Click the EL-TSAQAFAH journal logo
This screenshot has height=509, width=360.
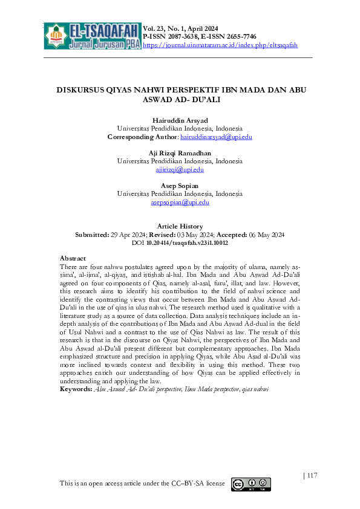(x=93, y=36)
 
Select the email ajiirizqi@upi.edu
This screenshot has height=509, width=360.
(x=180, y=170)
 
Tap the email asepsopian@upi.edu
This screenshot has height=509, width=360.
(x=180, y=203)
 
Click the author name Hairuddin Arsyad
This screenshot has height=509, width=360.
(x=180, y=120)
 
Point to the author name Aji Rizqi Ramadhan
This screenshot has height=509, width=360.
(x=180, y=153)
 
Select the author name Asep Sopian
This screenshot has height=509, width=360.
(x=180, y=186)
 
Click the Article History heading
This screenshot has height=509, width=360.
(x=180, y=226)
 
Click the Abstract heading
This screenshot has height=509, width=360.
(x=73, y=258)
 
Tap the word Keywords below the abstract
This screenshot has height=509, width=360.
(x=76, y=389)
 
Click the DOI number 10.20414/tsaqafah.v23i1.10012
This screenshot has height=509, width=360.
(x=187, y=242)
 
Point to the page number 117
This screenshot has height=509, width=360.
(x=312, y=476)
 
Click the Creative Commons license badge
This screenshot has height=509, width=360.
(x=250, y=484)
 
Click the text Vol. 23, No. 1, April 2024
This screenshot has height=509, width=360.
(x=181, y=29)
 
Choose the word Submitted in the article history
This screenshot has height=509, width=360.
(x=90, y=235)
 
